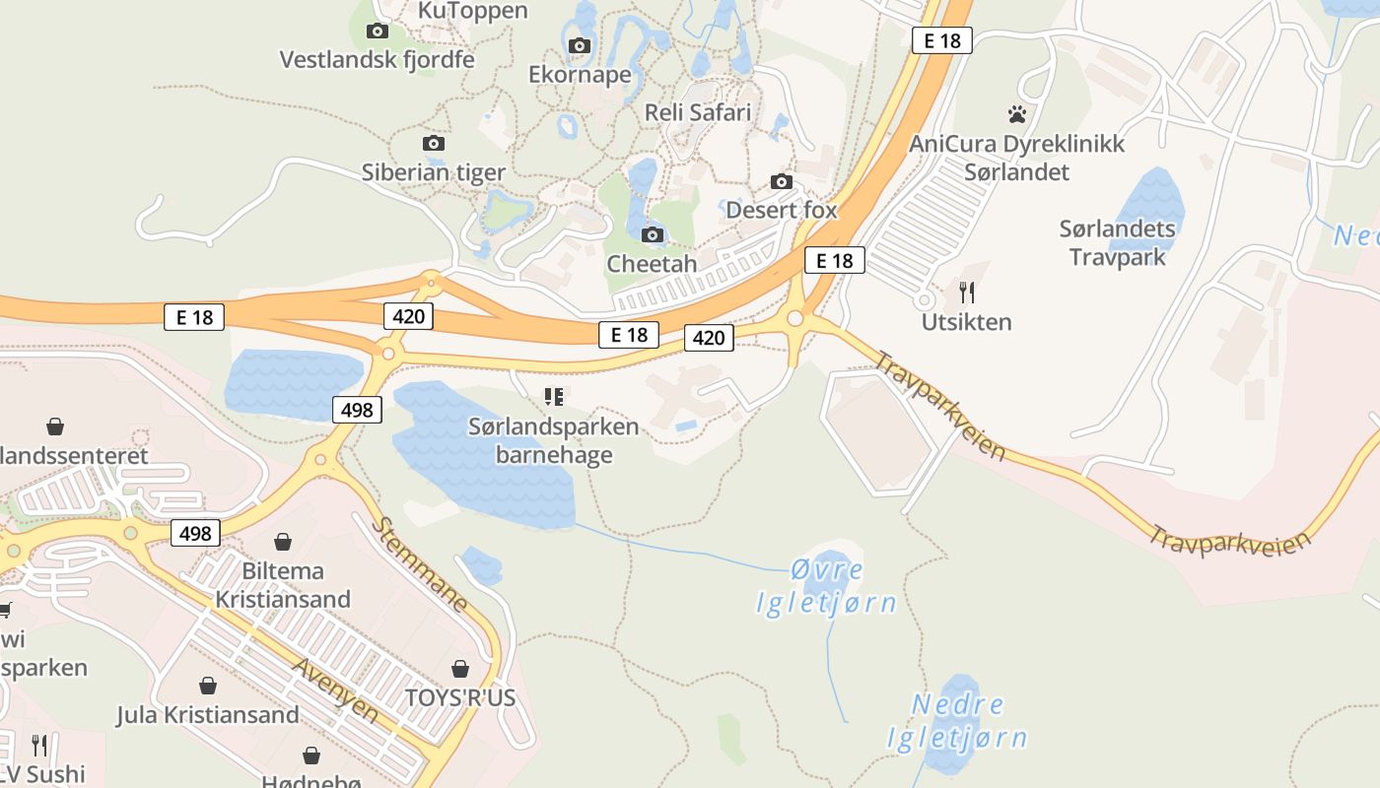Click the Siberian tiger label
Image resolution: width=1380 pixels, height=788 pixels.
pos(433,172)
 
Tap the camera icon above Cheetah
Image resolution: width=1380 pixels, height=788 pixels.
pos(652,234)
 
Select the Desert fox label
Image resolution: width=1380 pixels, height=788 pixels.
pos(781,210)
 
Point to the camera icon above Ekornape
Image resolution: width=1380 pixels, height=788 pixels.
pos(580,45)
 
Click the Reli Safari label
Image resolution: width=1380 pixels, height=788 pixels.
pos(697,112)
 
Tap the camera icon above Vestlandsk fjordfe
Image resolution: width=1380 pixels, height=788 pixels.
pos(377,32)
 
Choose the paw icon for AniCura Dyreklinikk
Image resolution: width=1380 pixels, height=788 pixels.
pos(1017,114)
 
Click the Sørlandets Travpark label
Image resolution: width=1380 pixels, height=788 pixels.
pos(1118,243)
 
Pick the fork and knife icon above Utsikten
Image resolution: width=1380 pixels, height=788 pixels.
pos(967,292)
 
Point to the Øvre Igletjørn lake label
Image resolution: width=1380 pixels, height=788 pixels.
pos(826,586)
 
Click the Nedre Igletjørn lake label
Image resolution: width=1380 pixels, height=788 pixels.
pos(957,721)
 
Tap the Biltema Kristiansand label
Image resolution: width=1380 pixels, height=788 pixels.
pos(283,585)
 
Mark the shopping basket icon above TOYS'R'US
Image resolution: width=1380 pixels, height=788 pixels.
pos(460,669)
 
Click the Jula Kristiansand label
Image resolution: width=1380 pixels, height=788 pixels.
pos(208,714)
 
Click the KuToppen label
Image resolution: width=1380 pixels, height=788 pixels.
pos(473,11)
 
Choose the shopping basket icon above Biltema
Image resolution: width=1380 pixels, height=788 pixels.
pos(283,542)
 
